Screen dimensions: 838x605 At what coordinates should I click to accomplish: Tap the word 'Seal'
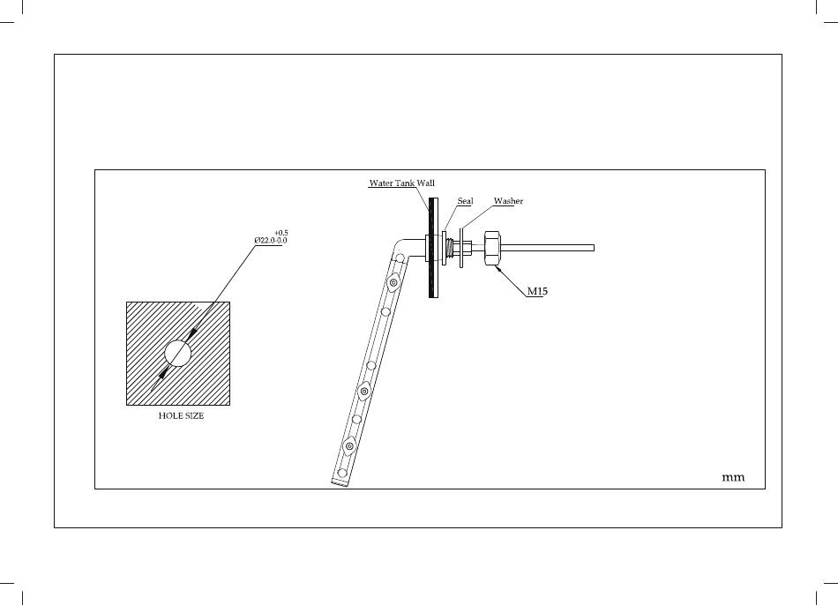[x=465, y=201]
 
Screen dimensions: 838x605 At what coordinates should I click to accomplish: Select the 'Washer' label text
[x=508, y=201]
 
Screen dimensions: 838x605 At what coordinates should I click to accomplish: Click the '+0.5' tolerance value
[x=282, y=233]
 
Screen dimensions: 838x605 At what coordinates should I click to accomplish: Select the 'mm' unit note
[x=733, y=477]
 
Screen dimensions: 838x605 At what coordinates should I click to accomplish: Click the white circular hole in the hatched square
[x=178, y=353]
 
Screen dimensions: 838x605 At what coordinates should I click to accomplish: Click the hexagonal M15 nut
[x=491, y=247]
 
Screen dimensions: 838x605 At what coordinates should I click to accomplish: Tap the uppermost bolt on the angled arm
[x=393, y=282]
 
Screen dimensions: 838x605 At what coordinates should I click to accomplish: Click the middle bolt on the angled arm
[x=365, y=390]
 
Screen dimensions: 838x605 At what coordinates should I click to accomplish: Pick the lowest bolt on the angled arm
[x=350, y=447]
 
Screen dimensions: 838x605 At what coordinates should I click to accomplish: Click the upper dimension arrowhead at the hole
[x=191, y=334]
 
